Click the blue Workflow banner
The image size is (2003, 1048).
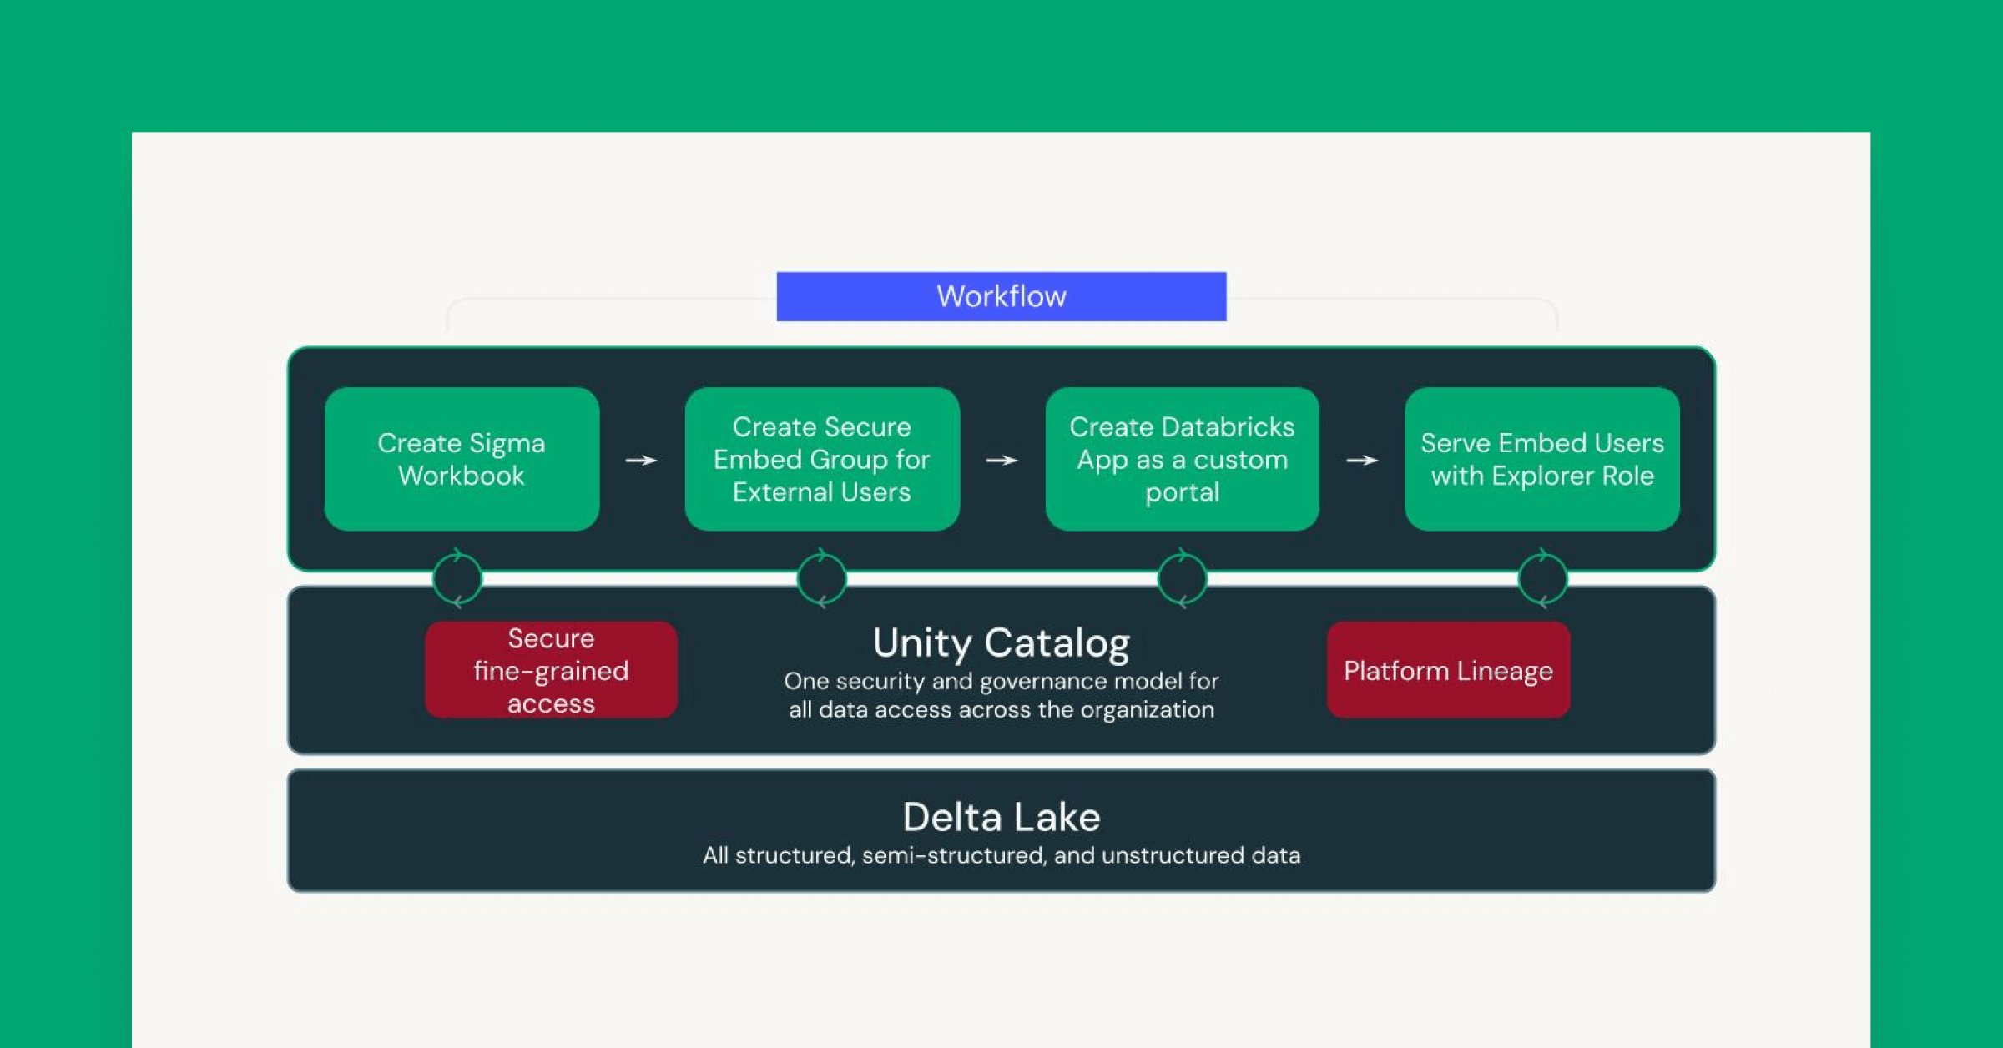point(1001,296)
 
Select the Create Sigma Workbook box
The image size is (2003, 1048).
point(462,459)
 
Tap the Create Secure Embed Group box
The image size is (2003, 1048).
point(821,459)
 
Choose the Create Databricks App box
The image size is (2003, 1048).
point(1182,459)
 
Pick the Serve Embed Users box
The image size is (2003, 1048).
point(1541,459)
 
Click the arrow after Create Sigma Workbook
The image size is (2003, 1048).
point(641,460)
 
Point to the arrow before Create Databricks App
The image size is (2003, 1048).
point(1001,460)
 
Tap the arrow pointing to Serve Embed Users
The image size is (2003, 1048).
point(1362,460)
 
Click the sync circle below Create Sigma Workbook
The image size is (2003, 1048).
point(457,577)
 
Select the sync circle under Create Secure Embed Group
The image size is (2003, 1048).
point(822,577)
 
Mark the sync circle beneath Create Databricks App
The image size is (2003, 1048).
point(1182,577)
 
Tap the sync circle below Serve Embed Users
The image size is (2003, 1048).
point(1542,577)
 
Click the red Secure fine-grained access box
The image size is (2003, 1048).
point(551,670)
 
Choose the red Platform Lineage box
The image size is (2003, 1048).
point(1448,670)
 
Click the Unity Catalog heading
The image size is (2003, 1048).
point(1001,642)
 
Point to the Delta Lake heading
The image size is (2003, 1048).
point(1001,817)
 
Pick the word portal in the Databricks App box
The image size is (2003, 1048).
point(1182,492)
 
